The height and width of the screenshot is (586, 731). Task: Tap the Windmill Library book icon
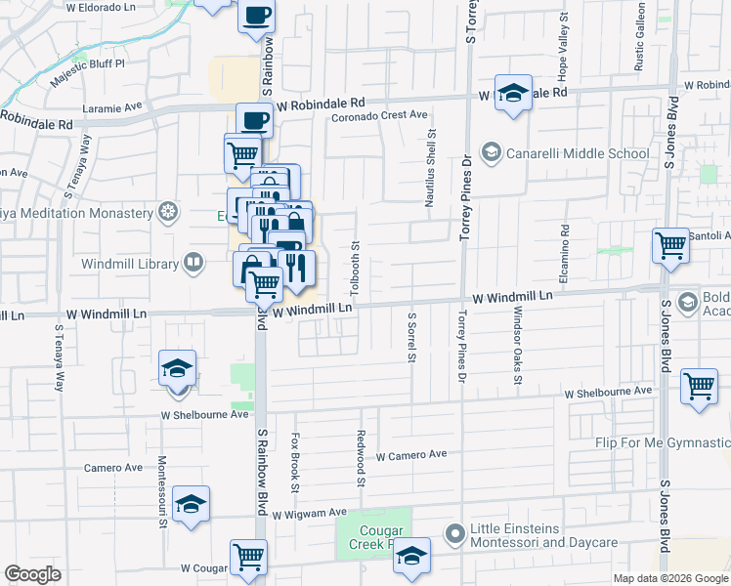193,262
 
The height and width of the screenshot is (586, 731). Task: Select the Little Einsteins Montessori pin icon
453,533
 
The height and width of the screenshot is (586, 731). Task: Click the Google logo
32,574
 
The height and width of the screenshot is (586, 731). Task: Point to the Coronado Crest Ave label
379,115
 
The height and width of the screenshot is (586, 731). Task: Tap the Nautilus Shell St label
430,172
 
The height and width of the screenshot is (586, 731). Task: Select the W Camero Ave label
410,455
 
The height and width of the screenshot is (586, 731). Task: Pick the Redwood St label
361,459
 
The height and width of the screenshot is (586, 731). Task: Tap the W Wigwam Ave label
310,513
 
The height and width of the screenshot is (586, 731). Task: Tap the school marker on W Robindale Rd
513,94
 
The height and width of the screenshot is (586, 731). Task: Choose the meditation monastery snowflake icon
169,212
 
